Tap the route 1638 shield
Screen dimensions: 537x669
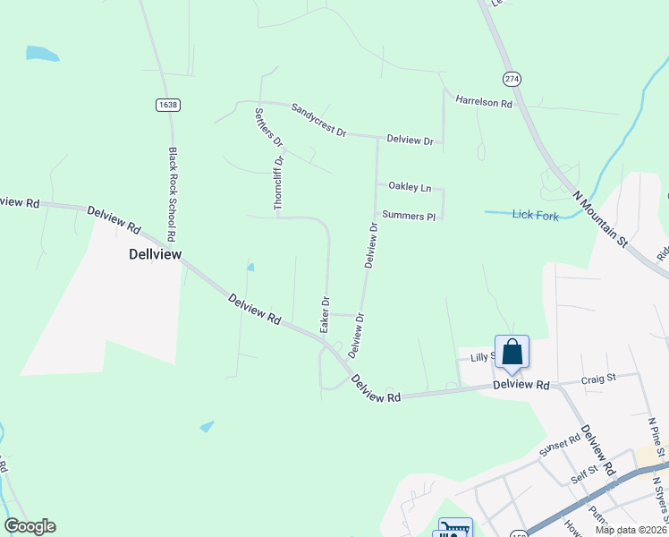pos(167,105)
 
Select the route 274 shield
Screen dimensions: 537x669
pos(511,79)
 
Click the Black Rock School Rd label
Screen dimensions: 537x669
pos(174,193)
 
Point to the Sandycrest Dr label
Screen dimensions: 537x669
pos(318,120)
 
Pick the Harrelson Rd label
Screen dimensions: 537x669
pos(483,102)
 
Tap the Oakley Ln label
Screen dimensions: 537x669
pos(410,187)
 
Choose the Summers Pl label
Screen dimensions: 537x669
pos(408,215)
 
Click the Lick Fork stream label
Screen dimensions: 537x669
pos(535,214)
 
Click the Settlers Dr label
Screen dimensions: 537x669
pos(268,128)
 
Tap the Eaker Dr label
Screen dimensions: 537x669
pos(325,314)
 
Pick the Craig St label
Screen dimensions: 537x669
pos(599,379)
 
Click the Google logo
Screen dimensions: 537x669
pos(30,526)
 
